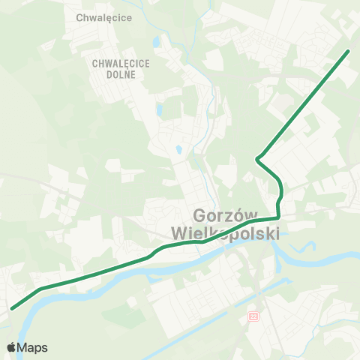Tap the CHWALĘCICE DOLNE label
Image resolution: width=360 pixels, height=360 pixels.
coord(121,68)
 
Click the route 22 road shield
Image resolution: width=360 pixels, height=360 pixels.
coord(253,318)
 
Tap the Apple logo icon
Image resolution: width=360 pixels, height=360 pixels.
coord(11,347)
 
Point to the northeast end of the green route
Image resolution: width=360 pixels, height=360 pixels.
coord(349,51)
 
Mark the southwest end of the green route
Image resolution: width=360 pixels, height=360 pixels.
coord(12,307)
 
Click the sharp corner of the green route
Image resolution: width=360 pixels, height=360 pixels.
coord(257,158)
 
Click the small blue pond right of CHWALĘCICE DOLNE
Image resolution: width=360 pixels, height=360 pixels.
coord(160,109)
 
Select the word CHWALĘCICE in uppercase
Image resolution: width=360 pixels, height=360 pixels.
coord(121,64)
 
